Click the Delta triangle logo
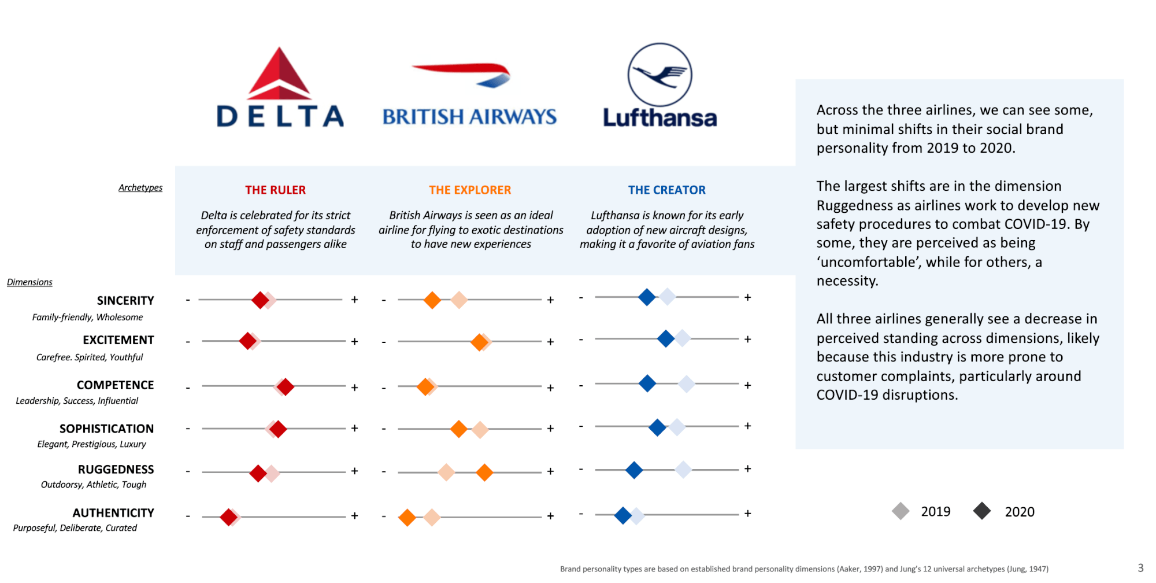[280, 73]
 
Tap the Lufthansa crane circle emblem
[659, 75]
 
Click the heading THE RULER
[275, 190]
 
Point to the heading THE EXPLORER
[470, 190]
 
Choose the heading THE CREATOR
[667, 190]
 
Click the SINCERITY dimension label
[125, 301]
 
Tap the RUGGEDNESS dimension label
[116, 470]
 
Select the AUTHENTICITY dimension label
[113, 513]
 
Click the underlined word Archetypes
[140, 187]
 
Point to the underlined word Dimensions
[29, 282]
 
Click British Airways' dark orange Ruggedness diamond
[484, 473]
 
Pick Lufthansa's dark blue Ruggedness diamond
[634, 470]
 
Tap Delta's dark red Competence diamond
[285, 386]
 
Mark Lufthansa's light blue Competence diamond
[686, 383]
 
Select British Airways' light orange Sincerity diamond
[459, 300]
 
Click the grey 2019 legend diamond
[901, 511]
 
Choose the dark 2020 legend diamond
[982, 511]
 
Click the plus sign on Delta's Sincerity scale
[354, 300]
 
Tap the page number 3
[1140, 568]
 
